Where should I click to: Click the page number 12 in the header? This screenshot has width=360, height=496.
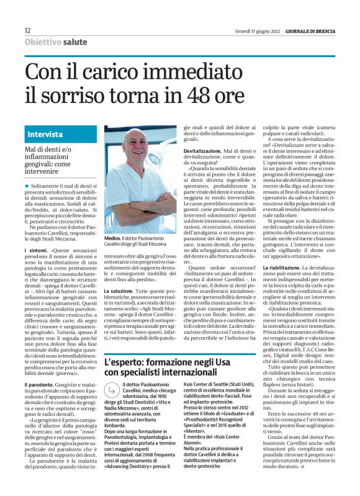click(x=28, y=30)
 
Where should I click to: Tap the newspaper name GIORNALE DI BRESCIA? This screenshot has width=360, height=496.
click(x=305, y=30)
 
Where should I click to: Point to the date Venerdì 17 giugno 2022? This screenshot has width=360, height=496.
click(x=261, y=30)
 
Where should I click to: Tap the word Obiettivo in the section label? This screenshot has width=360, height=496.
click(x=43, y=42)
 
